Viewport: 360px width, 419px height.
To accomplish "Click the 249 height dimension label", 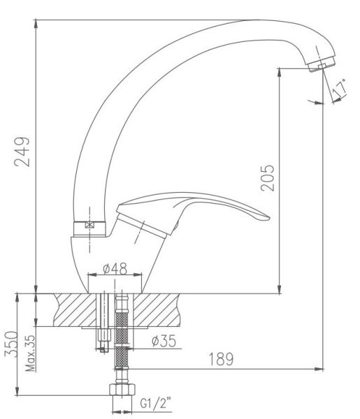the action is click(x=22, y=152).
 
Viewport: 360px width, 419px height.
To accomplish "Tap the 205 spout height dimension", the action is click(x=268, y=178).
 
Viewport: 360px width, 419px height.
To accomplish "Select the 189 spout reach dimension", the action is click(x=221, y=359).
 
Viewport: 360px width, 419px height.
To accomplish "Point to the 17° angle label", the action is click(x=340, y=88).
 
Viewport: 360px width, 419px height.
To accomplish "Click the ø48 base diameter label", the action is click(x=115, y=269).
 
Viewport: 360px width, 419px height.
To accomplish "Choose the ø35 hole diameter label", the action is click(x=164, y=341).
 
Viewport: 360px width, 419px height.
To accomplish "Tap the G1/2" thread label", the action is click(x=156, y=403).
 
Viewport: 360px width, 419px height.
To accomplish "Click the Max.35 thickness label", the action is click(x=31, y=353).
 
